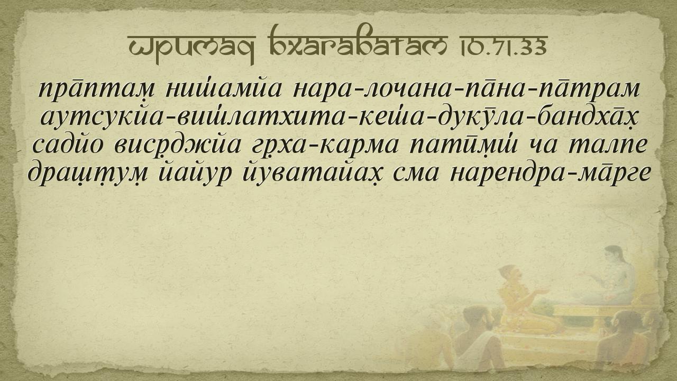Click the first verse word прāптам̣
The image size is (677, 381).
tap(97, 90)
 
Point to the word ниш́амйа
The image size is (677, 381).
tap(223, 89)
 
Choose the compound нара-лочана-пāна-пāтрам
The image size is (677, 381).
tap(466, 89)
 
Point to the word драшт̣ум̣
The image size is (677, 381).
tap(88, 174)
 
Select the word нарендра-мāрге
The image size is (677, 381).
tap(550, 174)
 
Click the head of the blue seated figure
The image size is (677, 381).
tap(614, 256)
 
